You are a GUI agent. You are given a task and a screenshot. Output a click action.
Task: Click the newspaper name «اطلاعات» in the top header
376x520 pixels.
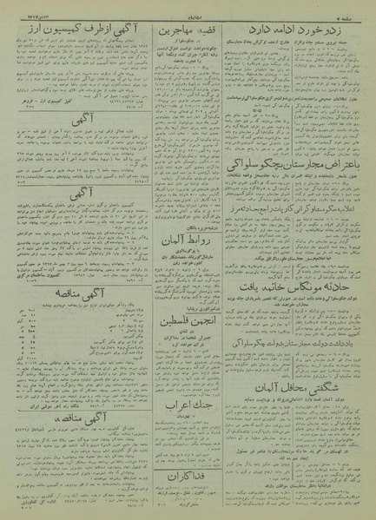coord(188,8)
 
